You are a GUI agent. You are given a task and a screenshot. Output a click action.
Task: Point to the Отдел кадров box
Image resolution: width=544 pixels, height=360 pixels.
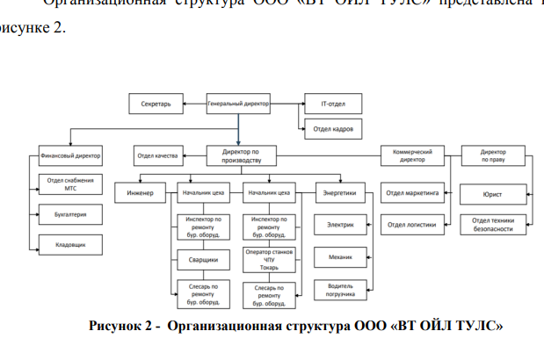333,129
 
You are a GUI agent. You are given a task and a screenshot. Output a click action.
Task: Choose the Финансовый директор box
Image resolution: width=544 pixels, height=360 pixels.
71,156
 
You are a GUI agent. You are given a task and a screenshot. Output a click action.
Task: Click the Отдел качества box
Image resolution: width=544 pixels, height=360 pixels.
157,156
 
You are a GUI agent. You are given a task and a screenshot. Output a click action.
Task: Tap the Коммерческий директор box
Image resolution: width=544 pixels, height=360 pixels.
412,156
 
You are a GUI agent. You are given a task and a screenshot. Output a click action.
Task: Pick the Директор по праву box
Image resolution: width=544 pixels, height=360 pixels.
493,156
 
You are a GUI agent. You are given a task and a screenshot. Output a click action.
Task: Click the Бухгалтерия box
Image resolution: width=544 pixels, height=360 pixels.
71,214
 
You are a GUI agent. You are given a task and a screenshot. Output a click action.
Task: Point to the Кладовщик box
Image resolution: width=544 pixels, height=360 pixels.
71,245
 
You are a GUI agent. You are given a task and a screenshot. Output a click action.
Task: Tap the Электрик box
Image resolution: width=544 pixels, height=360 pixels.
340,225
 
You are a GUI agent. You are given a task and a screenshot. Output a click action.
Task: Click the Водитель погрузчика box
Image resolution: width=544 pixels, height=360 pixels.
340,290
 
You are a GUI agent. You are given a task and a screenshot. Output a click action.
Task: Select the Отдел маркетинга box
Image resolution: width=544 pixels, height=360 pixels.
412,192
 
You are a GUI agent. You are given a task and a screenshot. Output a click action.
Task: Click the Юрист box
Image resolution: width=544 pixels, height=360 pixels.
493,192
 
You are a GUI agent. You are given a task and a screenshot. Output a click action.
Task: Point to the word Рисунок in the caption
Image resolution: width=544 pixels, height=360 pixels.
117,327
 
